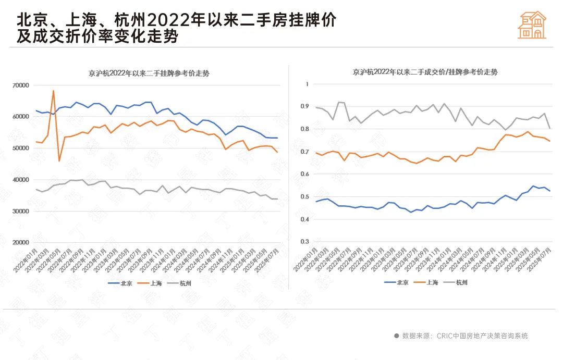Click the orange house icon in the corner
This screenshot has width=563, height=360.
point(532,24)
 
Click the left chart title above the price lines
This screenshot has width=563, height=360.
point(149,73)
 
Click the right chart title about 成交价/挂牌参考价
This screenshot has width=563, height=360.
point(425,72)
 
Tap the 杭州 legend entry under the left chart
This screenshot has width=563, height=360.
point(179,283)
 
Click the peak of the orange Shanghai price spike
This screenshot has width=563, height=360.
point(53,91)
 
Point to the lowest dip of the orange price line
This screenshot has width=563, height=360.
point(59,161)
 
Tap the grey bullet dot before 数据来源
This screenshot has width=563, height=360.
point(397,336)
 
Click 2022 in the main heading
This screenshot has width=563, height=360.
point(166,20)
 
